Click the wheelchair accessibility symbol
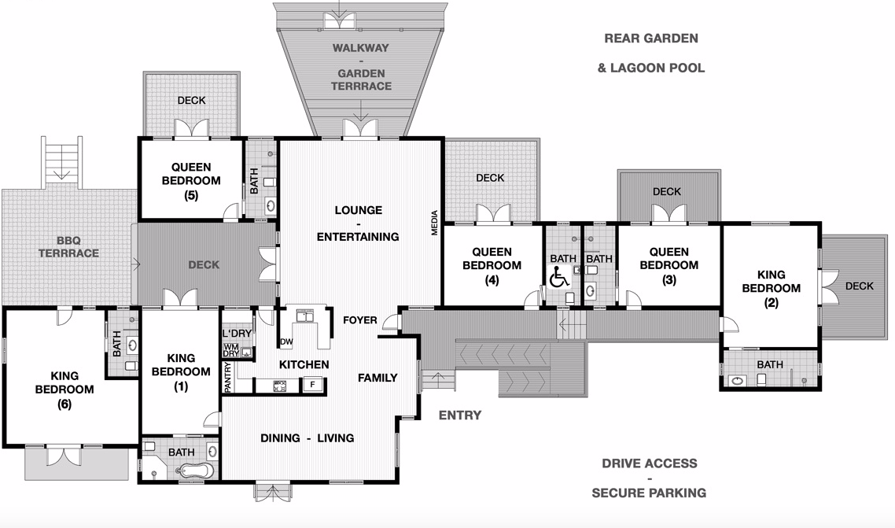(559, 277)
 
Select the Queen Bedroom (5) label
(191, 180)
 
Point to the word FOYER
(360, 320)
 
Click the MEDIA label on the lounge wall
(433, 223)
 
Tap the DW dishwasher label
(286, 342)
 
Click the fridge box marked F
(313, 385)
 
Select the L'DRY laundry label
(237, 334)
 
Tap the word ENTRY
(459, 415)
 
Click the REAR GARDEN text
(650, 38)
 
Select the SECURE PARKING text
(649, 493)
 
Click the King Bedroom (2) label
(771, 288)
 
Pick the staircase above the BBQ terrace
(61, 161)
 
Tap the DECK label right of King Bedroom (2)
(859, 286)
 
